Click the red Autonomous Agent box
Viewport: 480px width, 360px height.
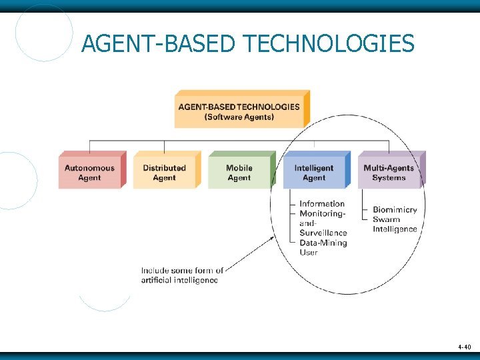click(90, 173)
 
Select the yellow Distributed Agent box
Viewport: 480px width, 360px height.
click(165, 173)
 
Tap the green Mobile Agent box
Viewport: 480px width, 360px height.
click(239, 173)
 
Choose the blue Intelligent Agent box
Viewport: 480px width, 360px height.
click(314, 173)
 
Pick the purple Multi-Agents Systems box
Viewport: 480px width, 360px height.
click(389, 173)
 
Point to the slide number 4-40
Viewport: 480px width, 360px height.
click(464, 347)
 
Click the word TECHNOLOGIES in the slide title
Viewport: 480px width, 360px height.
click(329, 44)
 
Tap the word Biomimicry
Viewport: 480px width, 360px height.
click(395, 209)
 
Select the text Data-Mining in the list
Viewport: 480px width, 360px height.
click(323, 243)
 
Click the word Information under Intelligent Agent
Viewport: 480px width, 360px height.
click(322, 203)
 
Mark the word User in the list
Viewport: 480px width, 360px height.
click(309, 253)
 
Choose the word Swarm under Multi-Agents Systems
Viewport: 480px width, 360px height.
click(387, 219)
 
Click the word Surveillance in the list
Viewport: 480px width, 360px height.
click(323, 233)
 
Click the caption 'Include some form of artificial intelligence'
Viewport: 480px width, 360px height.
click(181, 275)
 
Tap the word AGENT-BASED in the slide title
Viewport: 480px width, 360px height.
click(158, 44)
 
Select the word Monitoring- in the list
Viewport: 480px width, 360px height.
click(323, 213)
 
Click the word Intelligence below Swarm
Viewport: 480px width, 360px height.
click(395, 229)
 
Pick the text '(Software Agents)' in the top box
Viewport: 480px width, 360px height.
click(239, 117)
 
